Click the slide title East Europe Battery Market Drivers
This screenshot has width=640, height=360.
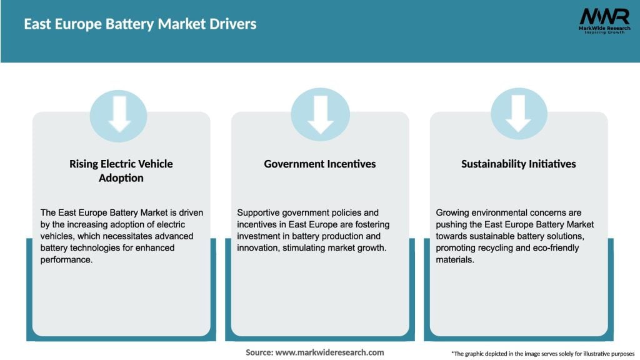pos(140,24)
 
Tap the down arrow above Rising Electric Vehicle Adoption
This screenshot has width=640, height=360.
pos(119,114)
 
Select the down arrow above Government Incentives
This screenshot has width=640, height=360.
pos(320,114)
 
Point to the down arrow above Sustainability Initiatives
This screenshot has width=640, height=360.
pos(519,114)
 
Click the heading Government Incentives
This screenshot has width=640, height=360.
pos(320,164)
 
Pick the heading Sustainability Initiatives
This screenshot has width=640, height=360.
pos(519,164)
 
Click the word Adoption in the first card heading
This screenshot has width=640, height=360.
pos(121,178)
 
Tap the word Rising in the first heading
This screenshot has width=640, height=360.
pos(85,164)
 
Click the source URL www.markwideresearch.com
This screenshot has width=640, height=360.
pos(329,352)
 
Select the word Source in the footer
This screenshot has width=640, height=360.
pos(259,352)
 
